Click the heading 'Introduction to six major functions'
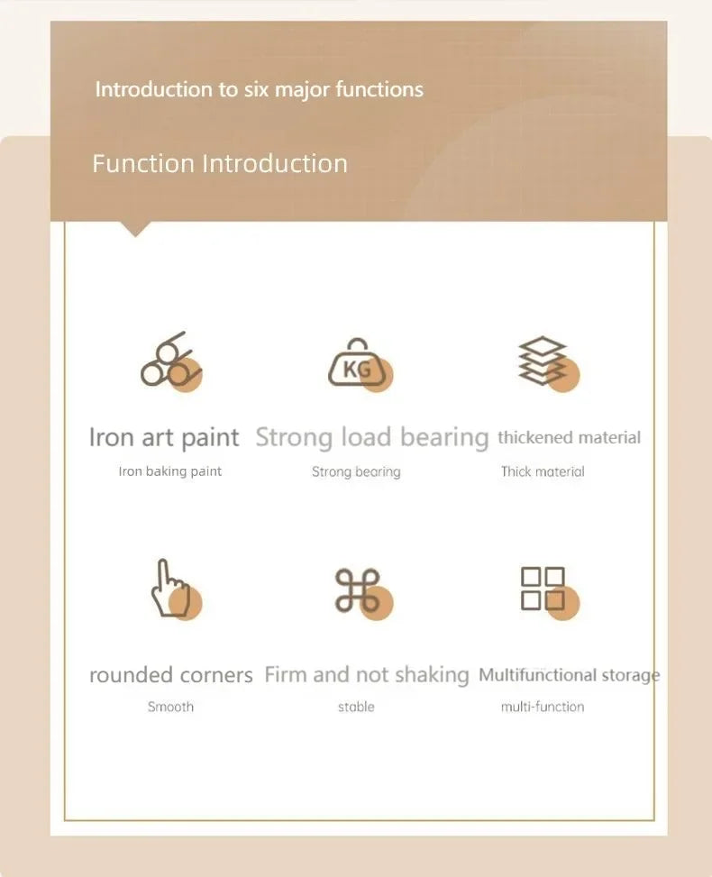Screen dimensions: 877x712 259,89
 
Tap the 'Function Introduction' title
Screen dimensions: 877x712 220,163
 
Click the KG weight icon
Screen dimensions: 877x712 358,364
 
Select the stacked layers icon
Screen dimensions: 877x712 543,362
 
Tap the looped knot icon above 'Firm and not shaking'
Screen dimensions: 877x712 358,590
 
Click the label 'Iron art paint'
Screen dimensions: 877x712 164,438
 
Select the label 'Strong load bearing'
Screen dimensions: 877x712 371,438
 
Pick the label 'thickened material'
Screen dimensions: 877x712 569,438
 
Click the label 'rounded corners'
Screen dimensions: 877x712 170,675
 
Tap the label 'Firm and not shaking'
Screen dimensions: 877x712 367,675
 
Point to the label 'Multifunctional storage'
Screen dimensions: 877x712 569,675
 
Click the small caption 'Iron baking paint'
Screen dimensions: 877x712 170,471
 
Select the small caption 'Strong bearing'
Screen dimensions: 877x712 356,471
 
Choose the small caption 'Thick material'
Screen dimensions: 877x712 543,471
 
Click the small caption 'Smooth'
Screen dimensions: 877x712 170,707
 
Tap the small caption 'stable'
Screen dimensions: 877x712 356,707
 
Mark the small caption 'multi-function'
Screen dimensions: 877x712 543,707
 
